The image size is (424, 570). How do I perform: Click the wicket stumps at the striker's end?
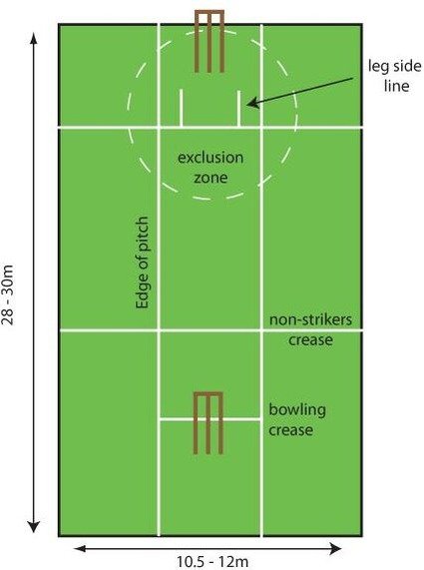click(x=210, y=41)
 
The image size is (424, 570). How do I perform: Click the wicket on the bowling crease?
click(x=208, y=423)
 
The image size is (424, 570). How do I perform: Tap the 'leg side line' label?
click(x=395, y=76)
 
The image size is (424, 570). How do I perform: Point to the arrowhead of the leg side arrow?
click(x=252, y=103)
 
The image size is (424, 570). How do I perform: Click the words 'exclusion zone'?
click(x=211, y=168)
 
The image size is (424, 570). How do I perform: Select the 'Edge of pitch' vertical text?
click(x=142, y=263)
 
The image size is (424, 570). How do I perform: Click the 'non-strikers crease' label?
click(x=310, y=329)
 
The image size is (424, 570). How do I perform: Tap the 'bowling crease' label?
click(x=297, y=419)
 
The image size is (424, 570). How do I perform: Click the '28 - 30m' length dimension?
click(x=8, y=294)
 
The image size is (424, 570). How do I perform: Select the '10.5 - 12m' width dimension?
click(x=212, y=562)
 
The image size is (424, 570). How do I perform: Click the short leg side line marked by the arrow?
click(x=238, y=109)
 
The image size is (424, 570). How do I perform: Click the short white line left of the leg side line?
click(x=181, y=108)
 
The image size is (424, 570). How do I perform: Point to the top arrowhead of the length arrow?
click(x=34, y=39)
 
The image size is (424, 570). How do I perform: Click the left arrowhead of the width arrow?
click(x=80, y=548)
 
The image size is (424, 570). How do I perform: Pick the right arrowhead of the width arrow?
click(x=335, y=548)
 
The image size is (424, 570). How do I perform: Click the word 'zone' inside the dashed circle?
click(x=211, y=178)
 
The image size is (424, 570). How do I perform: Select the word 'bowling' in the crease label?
click(x=297, y=409)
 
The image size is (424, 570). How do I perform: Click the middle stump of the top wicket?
click(x=210, y=42)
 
